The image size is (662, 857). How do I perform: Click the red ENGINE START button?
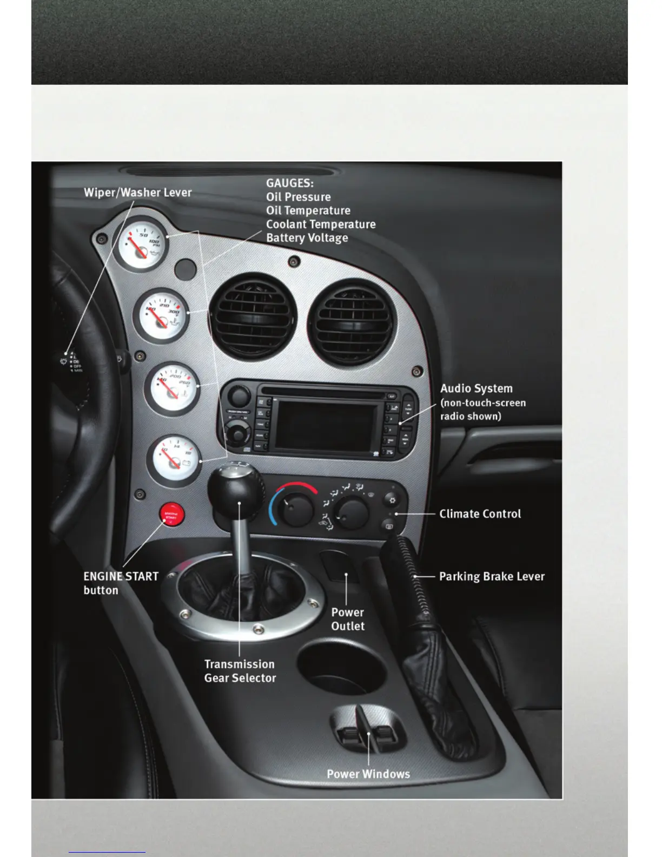[171, 515]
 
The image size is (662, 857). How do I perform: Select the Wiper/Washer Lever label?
[137, 192]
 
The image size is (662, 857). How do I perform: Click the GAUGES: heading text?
[289, 183]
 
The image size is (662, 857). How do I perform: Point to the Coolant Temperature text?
[321, 224]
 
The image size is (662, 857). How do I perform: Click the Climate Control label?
[480, 513]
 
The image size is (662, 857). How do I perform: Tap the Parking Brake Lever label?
[492, 576]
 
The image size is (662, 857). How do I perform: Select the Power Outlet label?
[348, 619]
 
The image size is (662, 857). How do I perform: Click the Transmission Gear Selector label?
[240, 671]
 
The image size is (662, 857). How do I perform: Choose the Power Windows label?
[368, 774]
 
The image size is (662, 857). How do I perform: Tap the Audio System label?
[476, 388]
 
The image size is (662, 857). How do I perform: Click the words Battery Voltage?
[307, 238]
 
